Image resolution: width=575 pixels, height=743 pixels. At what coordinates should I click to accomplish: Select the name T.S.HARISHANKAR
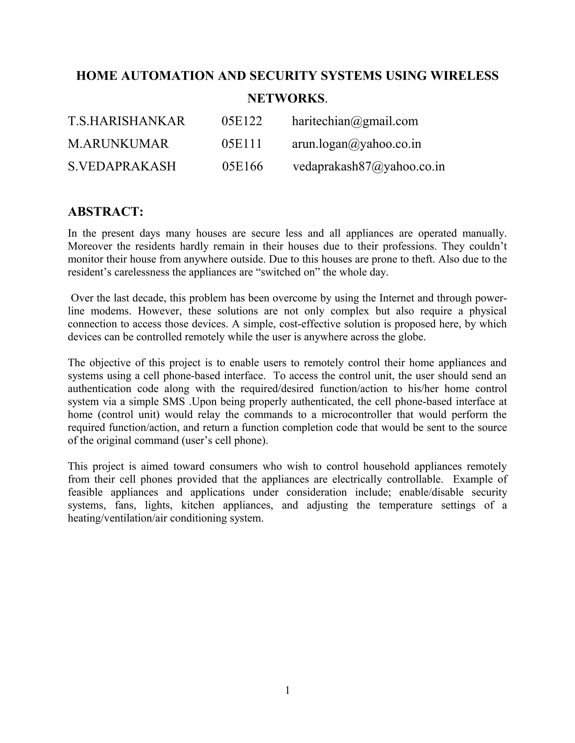(x=126, y=121)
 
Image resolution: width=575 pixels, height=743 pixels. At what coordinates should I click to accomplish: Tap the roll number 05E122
(x=242, y=121)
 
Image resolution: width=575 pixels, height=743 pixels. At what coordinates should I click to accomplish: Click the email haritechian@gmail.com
(x=355, y=121)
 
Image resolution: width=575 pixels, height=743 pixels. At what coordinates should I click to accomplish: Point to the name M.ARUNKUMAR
(x=118, y=144)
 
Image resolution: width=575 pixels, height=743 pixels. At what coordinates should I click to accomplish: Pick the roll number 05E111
(x=241, y=144)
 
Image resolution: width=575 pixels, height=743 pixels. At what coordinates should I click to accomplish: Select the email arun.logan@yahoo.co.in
(x=357, y=144)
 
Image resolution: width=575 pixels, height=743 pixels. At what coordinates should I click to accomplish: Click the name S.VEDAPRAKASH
(x=122, y=167)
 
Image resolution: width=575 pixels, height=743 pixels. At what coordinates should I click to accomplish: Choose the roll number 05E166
(x=243, y=167)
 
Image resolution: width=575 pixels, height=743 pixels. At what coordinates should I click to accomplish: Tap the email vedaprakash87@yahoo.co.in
(x=369, y=167)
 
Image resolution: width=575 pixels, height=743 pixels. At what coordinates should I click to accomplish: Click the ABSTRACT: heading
(x=106, y=212)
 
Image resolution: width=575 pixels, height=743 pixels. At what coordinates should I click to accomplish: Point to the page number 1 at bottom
(x=287, y=690)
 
